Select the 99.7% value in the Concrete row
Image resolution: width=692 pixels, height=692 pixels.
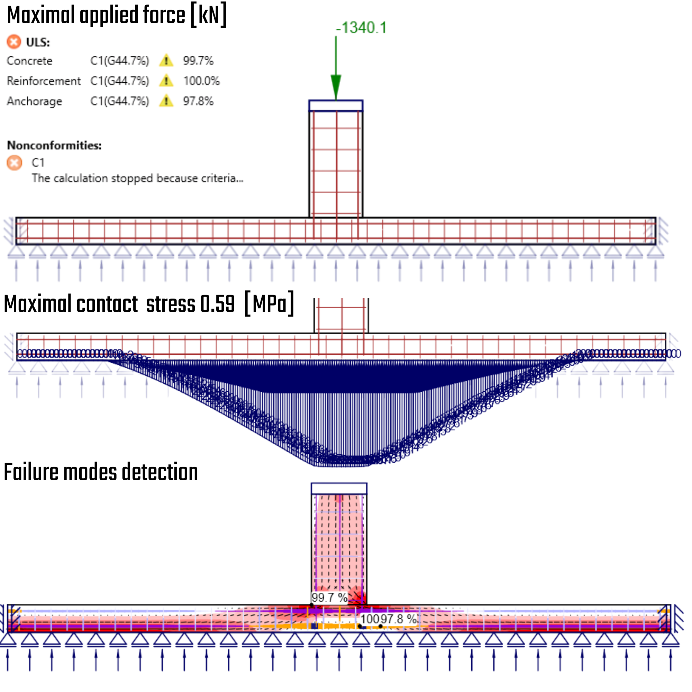click(x=198, y=61)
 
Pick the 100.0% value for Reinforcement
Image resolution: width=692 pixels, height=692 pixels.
click(x=201, y=81)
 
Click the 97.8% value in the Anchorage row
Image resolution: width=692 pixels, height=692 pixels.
click(x=198, y=101)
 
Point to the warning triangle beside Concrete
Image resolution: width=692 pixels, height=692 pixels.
click(x=166, y=61)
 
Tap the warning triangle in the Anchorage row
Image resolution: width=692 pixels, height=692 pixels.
click(x=166, y=101)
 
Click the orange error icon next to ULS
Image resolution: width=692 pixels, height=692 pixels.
click(x=14, y=42)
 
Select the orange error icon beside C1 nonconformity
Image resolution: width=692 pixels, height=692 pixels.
click(x=14, y=163)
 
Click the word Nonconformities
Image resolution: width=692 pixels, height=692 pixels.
click(x=54, y=145)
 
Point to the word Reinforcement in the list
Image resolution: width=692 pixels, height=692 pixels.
click(x=44, y=81)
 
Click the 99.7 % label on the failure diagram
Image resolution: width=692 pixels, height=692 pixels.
click(x=329, y=598)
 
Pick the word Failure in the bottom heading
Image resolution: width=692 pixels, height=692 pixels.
click(x=31, y=472)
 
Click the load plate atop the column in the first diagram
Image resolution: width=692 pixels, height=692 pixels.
click(x=336, y=106)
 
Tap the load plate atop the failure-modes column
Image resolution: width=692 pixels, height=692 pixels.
click(x=339, y=489)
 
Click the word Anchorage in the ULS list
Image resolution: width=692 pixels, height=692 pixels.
click(x=34, y=101)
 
